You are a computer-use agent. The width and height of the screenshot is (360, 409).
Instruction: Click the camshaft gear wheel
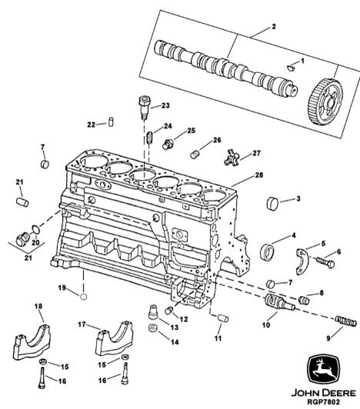[x=325, y=103]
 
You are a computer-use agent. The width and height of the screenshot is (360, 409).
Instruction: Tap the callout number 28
[x=259, y=175]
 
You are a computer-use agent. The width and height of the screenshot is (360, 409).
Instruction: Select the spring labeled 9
[x=346, y=321]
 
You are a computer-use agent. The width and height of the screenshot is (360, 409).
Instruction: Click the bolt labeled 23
[x=144, y=108]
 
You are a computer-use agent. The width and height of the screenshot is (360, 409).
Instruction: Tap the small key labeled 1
[x=290, y=68]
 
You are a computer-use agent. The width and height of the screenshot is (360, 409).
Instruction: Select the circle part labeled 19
[x=83, y=296]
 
